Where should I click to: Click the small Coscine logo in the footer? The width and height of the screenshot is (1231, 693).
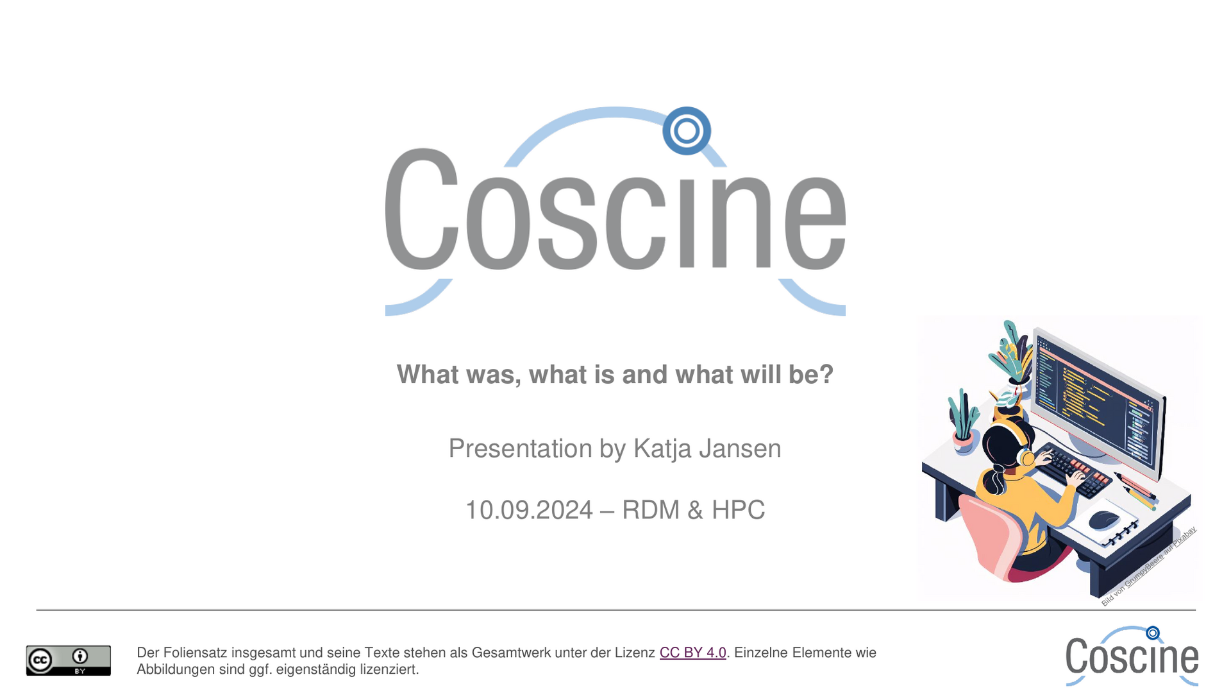coord(1132,656)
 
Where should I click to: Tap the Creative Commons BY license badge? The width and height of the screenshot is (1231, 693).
coord(69,660)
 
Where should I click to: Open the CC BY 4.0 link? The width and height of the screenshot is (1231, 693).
coord(692,653)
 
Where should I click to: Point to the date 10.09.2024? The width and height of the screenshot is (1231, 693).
coord(529,510)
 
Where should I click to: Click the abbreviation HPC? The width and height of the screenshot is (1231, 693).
coord(738,510)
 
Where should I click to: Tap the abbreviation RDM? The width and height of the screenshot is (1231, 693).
coord(650,510)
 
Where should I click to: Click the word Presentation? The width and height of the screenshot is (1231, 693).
coord(520,449)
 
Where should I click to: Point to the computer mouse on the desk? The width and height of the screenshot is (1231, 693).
coord(1103,519)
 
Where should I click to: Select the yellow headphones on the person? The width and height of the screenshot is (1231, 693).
coord(1019,443)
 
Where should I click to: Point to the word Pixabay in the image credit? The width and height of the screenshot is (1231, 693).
coord(1185,536)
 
